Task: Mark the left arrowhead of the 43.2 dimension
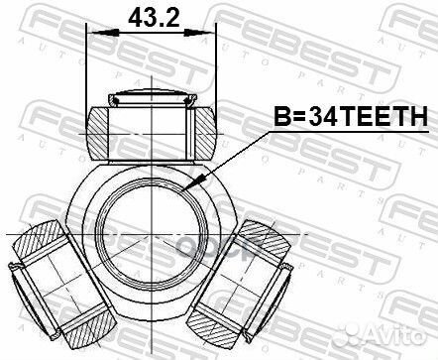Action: coord(94,35)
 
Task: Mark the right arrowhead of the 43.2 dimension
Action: coord(212,35)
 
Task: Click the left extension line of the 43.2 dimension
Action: coord(88,69)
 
